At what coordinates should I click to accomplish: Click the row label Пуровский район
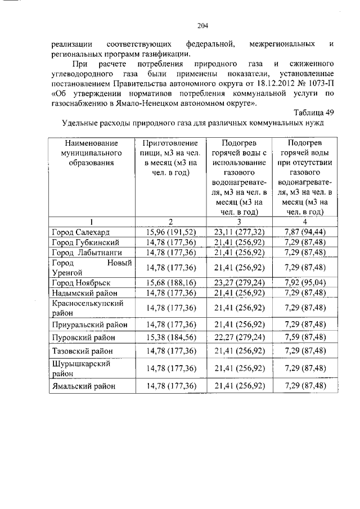(x=84, y=337)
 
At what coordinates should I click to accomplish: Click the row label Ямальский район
(x=84, y=386)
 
